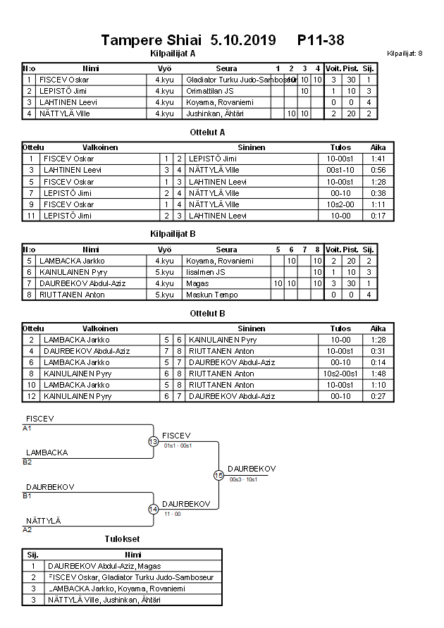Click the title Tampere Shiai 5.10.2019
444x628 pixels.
pyautogui.click(x=190, y=40)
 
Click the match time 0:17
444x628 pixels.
pyautogui.click(x=378, y=216)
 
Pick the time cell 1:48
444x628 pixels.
pyautogui.click(x=378, y=374)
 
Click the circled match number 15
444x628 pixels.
pyautogui.click(x=218, y=475)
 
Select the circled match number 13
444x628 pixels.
pyautogui.click(x=153, y=441)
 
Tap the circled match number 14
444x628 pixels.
pyautogui.click(x=153, y=509)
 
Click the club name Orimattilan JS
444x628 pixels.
pyautogui.click(x=209, y=91)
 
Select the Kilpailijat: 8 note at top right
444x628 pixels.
pyautogui.click(x=405, y=54)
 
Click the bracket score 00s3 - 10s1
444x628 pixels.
pyautogui.click(x=244, y=480)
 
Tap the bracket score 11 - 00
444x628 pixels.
pyautogui.click(x=172, y=514)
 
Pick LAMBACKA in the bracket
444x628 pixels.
pyautogui.click(x=47, y=452)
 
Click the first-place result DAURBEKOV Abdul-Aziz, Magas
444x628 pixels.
pyautogui.click(x=104, y=565)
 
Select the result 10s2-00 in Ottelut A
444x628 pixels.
pyautogui.click(x=340, y=204)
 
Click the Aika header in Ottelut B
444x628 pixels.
pyautogui.click(x=378, y=328)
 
